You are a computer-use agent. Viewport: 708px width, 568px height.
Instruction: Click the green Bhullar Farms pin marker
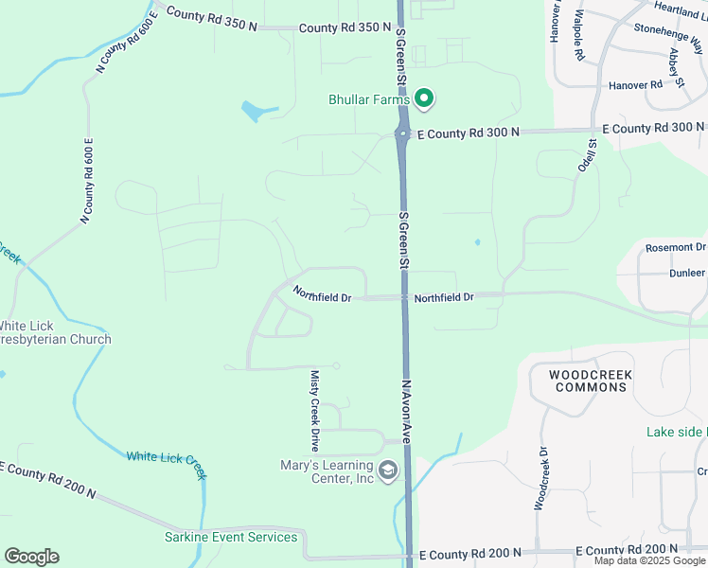point(425,98)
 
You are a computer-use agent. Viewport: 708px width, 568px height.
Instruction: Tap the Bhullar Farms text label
point(369,98)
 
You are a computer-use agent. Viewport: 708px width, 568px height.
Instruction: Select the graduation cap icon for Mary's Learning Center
point(388,470)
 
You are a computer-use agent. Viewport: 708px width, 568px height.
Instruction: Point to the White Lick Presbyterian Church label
point(56,332)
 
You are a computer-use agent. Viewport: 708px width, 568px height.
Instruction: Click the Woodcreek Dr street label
point(540,479)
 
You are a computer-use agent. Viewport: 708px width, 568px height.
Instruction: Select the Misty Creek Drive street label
point(315,410)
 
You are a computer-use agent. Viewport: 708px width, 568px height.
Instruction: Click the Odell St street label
point(586,155)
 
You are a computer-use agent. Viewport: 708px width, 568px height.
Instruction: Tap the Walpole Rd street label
point(578,38)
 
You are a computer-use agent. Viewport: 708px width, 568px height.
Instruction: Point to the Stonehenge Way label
point(670,40)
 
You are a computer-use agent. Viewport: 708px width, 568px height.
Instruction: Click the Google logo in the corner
point(31,557)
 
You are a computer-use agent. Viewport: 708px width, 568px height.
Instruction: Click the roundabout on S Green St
point(402,134)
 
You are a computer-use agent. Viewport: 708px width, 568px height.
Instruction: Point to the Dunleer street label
point(687,272)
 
